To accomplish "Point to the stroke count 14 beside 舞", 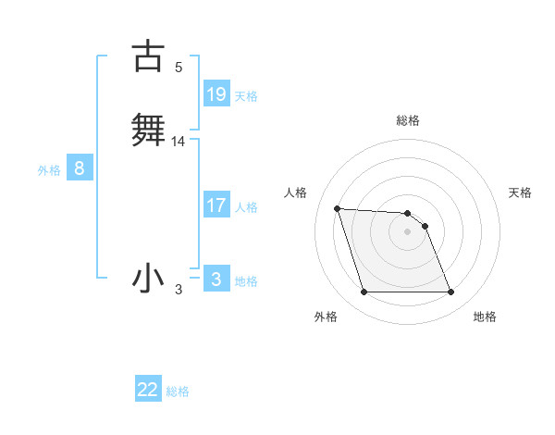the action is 179,142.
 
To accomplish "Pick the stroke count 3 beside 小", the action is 179,291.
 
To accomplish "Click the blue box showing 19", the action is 216,94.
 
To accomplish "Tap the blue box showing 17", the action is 216,205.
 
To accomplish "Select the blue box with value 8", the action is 80,168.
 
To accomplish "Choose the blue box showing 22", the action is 148,390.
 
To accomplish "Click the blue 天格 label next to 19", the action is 246,96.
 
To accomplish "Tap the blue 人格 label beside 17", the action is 246,207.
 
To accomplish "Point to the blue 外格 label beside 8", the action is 49,170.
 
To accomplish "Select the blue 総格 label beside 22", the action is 178,391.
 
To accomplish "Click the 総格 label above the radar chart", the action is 408,120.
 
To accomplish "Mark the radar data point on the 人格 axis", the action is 337,208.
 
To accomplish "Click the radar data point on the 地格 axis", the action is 450,292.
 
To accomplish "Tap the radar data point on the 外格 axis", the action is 364,292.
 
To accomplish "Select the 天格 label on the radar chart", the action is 521,193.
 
